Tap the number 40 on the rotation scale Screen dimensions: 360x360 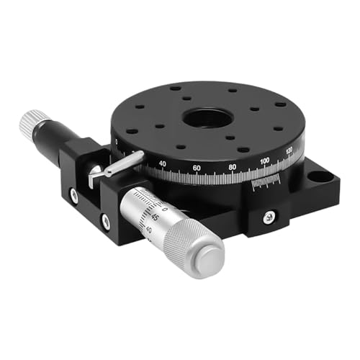pos(162,164)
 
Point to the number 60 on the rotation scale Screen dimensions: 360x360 pos(196,168)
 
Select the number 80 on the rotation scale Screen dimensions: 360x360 pos(232,167)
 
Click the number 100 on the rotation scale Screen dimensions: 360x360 pos(265,160)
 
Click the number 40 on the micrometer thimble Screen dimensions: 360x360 pos(149,230)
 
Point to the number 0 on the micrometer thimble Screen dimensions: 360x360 pos(165,209)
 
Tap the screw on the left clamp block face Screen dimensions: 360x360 pos(73,193)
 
